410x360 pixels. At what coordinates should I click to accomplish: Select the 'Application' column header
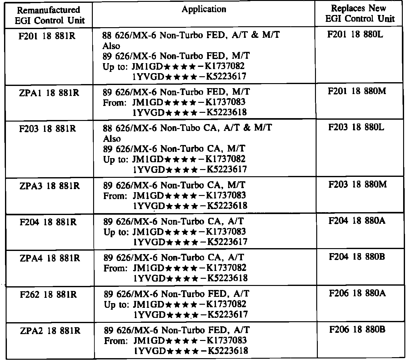click(x=204, y=9)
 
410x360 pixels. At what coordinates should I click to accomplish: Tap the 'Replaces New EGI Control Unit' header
click(x=359, y=13)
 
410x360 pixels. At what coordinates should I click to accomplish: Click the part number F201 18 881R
click(x=47, y=36)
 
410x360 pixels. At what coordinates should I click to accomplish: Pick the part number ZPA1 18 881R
click(x=49, y=93)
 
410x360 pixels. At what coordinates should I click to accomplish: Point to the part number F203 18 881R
click(x=47, y=129)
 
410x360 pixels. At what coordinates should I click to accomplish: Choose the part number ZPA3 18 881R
click(x=49, y=186)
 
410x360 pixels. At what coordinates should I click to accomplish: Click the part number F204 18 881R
click(x=48, y=222)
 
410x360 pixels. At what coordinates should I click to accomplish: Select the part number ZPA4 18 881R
click(x=50, y=258)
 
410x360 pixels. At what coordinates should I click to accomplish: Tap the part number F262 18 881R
click(x=48, y=295)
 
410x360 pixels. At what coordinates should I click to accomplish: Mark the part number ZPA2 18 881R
click(x=50, y=331)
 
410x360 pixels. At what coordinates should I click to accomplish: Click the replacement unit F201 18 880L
click(x=355, y=34)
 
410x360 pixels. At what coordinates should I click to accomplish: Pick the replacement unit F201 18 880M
click(x=357, y=91)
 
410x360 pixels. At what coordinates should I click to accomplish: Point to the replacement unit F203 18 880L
click(x=356, y=127)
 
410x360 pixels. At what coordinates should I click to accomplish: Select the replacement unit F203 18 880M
click(x=357, y=184)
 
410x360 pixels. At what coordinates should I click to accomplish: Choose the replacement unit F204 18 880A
click(x=357, y=221)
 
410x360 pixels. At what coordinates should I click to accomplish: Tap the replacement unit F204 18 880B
click(x=357, y=257)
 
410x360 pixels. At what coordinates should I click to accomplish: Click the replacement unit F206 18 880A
click(x=357, y=293)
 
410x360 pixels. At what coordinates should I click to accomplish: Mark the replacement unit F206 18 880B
click(x=357, y=329)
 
